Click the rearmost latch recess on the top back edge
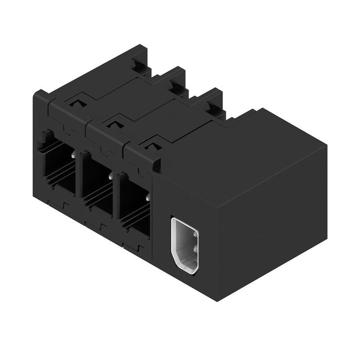click(140, 67)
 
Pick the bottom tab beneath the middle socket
click(96, 225)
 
